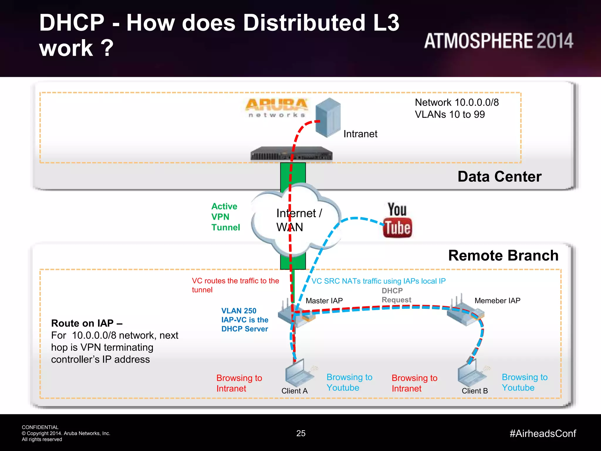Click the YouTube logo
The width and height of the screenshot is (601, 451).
tap(397, 220)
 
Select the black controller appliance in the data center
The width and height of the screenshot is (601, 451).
tap(291, 154)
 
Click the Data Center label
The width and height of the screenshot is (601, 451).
tap(499, 176)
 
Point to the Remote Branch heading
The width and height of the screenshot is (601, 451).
tap(503, 255)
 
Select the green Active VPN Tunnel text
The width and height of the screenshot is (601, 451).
tap(225, 217)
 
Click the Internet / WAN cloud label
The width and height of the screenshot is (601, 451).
tap(298, 220)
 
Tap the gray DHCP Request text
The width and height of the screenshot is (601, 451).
tap(396, 295)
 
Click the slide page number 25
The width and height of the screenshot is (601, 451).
tap(301, 433)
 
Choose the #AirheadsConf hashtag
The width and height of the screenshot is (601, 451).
tap(543, 433)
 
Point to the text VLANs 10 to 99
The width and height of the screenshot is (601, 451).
tap(450, 115)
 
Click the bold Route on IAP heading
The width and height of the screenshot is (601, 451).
tap(87, 323)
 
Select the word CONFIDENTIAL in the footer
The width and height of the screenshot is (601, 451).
tap(40, 427)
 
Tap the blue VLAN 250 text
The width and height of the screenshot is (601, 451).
tap(239, 311)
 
